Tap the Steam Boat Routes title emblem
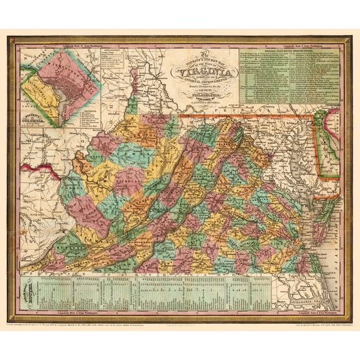(36, 289)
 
